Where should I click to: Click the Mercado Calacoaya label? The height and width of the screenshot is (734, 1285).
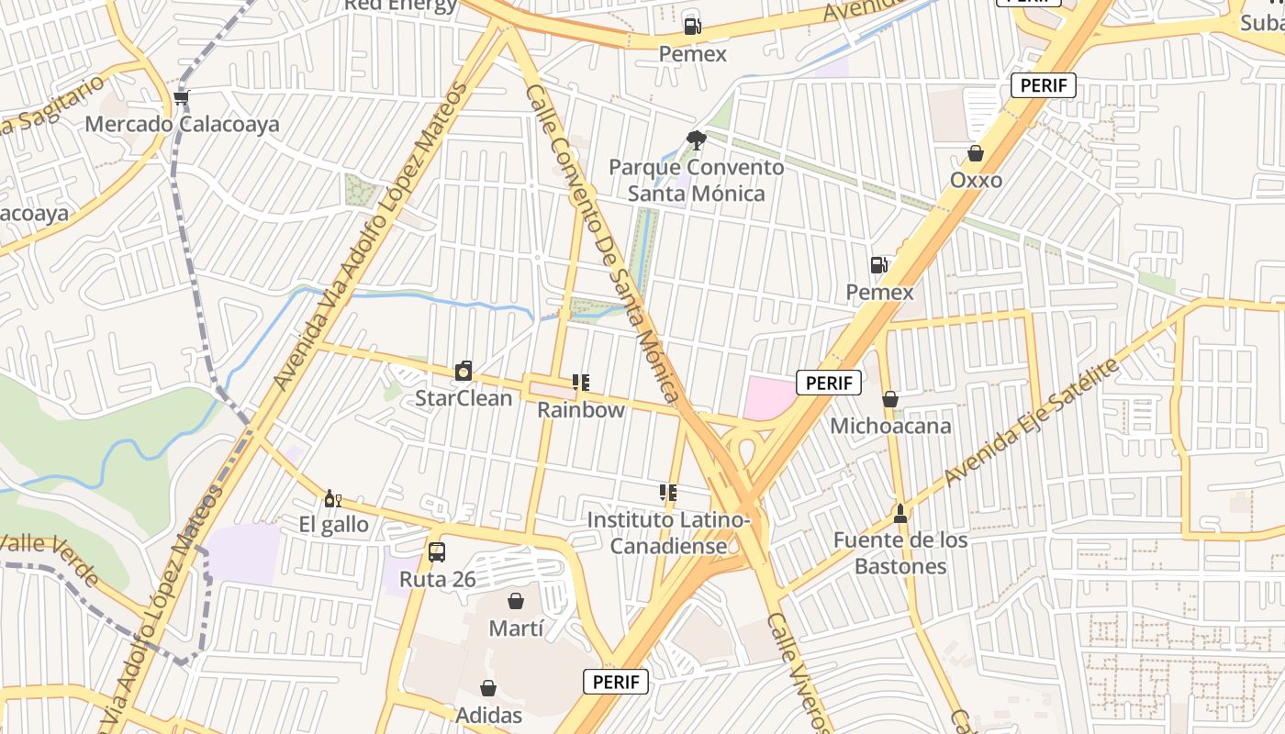coord(182,124)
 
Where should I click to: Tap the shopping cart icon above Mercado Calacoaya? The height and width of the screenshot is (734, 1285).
coord(182,97)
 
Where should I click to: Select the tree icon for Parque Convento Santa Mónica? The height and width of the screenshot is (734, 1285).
coord(697,140)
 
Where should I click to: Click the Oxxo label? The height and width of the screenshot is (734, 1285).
coord(976,180)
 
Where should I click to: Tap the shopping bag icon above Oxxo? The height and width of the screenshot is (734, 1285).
coord(976,153)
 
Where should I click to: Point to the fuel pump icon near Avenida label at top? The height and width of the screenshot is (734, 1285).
coord(693,27)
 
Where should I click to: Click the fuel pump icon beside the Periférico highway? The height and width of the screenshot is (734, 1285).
coord(879,265)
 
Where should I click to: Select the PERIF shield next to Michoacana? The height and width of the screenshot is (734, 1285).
coord(829,383)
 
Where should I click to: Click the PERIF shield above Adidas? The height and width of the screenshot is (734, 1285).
coord(616,682)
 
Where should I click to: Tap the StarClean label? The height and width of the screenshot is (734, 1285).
coord(464,398)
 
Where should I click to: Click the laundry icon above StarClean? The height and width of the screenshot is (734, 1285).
coord(464,372)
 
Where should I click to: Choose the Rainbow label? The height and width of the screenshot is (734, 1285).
coord(581,410)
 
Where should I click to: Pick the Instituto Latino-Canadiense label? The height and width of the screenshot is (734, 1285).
coord(669,533)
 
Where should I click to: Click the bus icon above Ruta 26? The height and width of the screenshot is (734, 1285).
coord(437,552)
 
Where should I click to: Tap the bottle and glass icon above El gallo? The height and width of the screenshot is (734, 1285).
coord(332,499)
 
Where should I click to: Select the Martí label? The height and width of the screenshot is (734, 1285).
coord(516,628)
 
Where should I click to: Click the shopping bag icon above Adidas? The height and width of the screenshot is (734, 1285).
coord(488,688)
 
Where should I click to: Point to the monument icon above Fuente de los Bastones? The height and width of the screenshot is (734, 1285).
coord(900,513)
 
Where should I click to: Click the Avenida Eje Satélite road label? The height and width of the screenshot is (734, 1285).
coord(1033,423)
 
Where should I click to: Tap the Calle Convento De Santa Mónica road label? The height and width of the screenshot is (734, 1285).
coord(602,243)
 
